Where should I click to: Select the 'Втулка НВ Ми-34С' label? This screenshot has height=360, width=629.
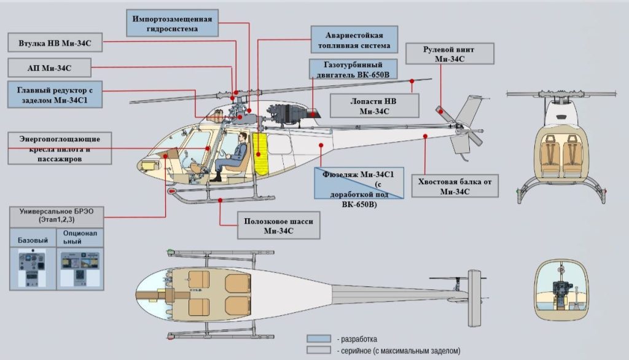[x=55, y=44]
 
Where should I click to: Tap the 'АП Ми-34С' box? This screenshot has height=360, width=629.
[x=49, y=68]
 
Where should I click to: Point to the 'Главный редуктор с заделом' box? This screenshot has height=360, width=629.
[x=55, y=94]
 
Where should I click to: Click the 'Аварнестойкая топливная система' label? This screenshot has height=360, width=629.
[x=354, y=39]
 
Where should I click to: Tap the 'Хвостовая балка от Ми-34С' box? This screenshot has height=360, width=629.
[x=455, y=186]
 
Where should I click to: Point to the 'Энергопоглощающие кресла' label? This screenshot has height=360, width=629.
[x=60, y=148]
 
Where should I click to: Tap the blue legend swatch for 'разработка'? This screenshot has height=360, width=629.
[x=319, y=339]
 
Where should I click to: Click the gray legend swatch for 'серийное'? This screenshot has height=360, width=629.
[x=319, y=351]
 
